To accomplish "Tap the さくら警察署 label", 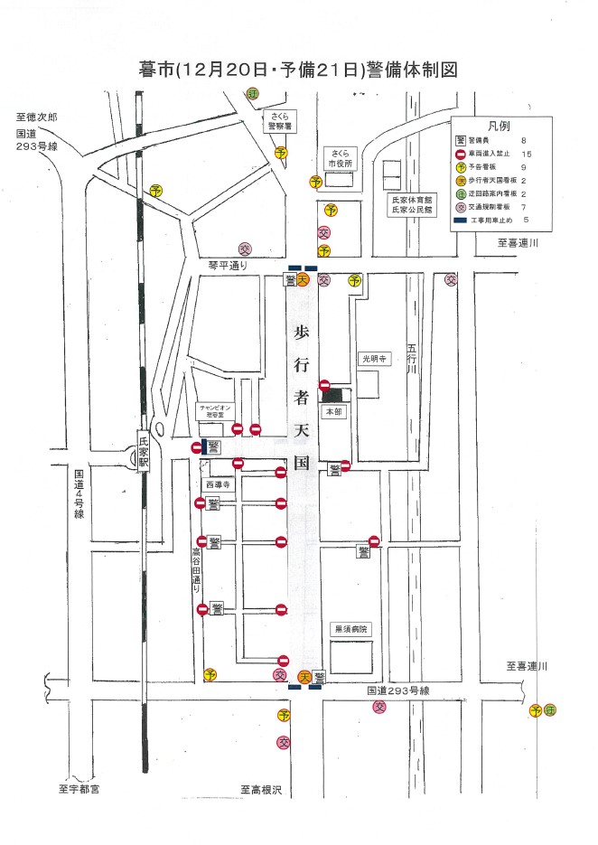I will [x=274, y=122].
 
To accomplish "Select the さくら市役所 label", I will [x=340, y=159].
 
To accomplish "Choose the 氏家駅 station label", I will [x=143, y=450].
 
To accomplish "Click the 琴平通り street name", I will [x=227, y=265].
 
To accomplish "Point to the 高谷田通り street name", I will [x=197, y=569].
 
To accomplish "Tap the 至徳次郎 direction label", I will [x=37, y=118].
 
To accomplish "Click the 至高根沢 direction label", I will [x=261, y=790].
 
